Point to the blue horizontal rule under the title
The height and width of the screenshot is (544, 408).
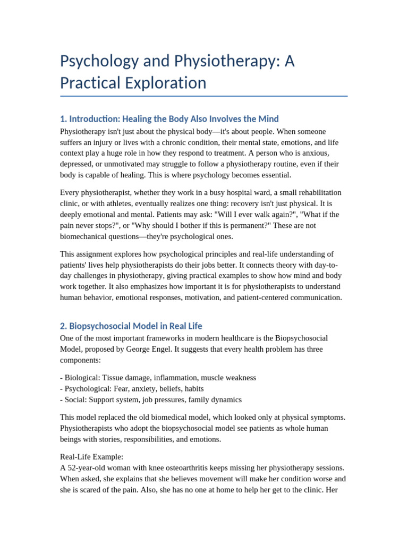(204, 96)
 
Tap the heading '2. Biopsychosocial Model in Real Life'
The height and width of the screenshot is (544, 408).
(131, 326)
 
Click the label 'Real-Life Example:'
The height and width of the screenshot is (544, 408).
(91, 456)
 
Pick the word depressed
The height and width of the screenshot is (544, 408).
(76, 164)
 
